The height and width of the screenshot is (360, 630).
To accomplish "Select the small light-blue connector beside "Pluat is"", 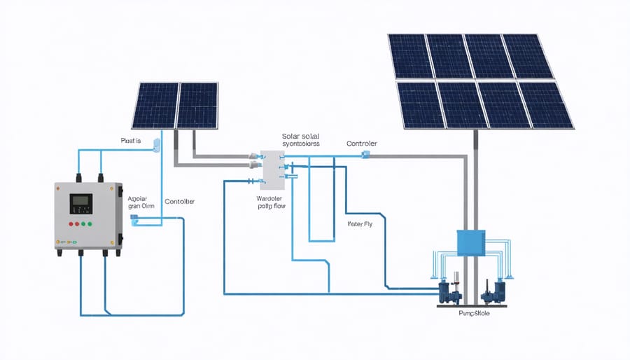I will (x=157, y=143).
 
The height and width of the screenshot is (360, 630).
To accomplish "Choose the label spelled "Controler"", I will (x=361, y=144).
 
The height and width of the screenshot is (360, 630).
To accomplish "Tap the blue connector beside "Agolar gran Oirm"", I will (x=134, y=219).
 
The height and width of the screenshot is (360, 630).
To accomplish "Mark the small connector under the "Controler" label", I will (x=365, y=154).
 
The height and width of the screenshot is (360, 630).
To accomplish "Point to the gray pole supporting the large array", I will (x=477, y=182).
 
